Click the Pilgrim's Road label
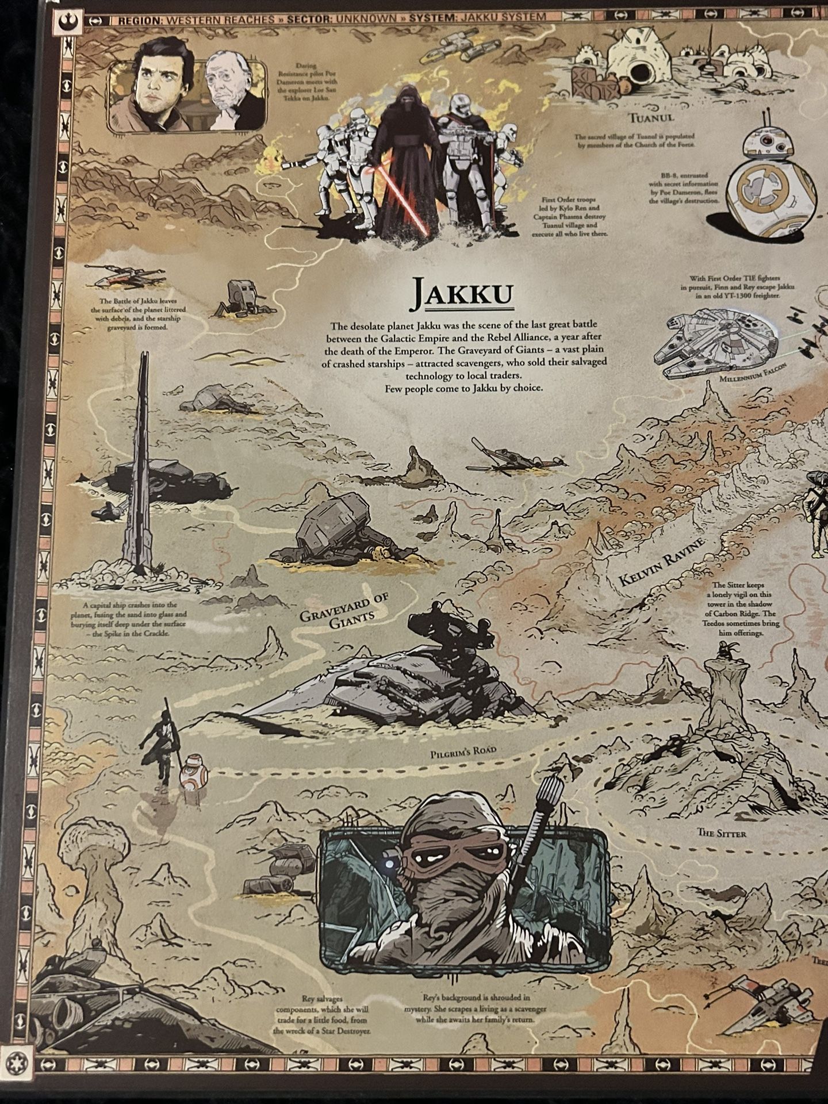(x=463, y=750)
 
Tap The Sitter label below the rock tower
(x=721, y=832)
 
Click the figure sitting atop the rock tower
(x=720, y=651)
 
